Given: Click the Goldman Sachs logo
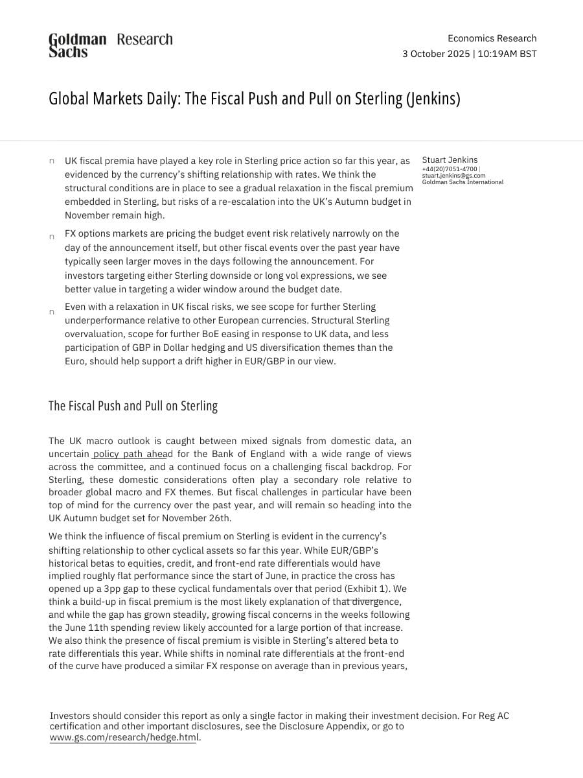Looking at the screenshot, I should coord(77,45).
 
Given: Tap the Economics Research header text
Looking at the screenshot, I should coord(492,38).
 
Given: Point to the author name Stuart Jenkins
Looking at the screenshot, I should coord(450,160).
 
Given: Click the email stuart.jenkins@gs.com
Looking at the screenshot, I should coord(453,176).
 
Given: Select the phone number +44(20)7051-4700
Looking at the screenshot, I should coord(449,169).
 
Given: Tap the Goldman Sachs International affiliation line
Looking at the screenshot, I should coord(462,182).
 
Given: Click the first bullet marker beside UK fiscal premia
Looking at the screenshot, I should coord(52,161).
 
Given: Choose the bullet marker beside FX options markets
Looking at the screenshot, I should coord(52,237).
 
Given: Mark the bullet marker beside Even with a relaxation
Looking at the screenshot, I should coord(52,312).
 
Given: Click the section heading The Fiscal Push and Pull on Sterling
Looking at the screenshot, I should coord(133,406).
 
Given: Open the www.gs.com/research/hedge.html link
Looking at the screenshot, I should coord(123,737).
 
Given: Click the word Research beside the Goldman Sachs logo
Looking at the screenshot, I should coord(144,40).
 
